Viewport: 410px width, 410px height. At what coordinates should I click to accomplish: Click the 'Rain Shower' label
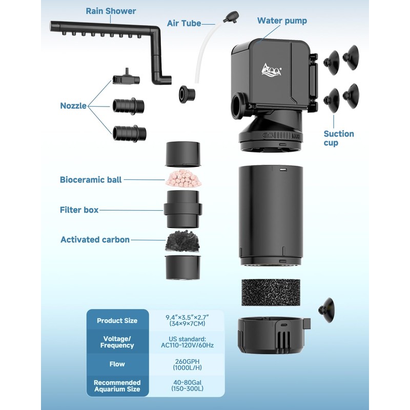click(111, 11)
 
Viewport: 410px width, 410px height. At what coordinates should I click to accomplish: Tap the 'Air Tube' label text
click(184, 23)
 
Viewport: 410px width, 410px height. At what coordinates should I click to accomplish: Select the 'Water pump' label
click(282, 21)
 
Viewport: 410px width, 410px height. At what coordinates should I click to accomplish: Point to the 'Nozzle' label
click(73, 106)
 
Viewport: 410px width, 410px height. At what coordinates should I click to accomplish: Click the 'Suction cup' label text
click(338, 138)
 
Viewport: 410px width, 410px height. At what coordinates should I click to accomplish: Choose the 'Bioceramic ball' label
click(91, 180)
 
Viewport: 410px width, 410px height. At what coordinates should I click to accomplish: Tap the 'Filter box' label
click(79, 210)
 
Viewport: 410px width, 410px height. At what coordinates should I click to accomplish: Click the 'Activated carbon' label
click(95, 239)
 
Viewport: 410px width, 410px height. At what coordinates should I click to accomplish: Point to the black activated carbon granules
click(183, 241)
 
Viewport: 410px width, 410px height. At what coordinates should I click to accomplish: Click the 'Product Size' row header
click(117, 321)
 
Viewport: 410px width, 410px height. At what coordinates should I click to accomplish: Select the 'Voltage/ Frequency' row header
click(117, 342)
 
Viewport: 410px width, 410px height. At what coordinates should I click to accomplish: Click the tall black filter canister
click(270, 215)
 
